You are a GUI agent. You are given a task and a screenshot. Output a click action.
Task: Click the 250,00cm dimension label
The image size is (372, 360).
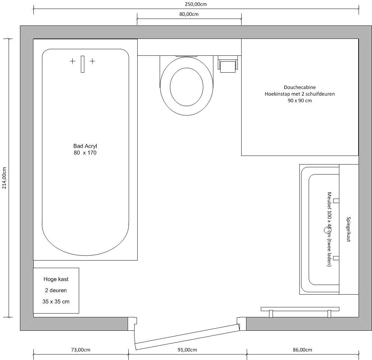point(196,4)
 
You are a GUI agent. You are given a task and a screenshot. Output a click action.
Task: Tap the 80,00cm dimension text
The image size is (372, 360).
point(189,14)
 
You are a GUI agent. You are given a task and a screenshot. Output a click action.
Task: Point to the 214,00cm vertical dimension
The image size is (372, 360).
point(4,178)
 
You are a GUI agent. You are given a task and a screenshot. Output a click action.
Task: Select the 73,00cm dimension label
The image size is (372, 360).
point(81,350)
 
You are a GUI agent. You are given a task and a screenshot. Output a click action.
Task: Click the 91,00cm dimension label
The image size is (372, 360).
point(187,350)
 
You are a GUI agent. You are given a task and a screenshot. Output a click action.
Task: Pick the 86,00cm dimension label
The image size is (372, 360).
point(302,350)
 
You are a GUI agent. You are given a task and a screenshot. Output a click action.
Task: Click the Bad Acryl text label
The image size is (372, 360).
point(85,146)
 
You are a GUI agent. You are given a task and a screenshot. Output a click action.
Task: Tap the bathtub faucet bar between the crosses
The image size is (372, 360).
point(83,64)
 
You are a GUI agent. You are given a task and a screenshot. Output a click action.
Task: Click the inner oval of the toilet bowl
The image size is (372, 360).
point(187,87)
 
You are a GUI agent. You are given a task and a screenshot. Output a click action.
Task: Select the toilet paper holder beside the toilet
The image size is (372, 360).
point(228,64)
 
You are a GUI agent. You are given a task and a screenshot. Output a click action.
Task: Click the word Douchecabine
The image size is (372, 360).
point(300,87)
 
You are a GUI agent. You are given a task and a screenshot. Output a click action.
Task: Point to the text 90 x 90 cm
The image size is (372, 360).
point(300,100)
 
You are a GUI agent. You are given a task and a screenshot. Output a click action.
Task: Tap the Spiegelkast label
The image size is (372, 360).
point(348,229)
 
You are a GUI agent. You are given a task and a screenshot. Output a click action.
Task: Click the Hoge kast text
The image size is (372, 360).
point(56,279)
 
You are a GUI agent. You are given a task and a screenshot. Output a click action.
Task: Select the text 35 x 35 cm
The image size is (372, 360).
point(56,301)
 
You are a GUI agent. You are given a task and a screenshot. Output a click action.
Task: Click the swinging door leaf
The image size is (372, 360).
point(187,337)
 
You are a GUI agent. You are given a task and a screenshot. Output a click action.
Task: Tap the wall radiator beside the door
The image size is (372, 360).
point(300,311)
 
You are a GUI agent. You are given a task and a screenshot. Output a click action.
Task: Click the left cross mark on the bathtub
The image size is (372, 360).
point(73,61)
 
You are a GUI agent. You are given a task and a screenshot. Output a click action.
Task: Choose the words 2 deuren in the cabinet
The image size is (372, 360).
point(56,290)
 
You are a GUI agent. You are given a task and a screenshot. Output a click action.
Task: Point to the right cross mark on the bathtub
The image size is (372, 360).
point(93,61)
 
